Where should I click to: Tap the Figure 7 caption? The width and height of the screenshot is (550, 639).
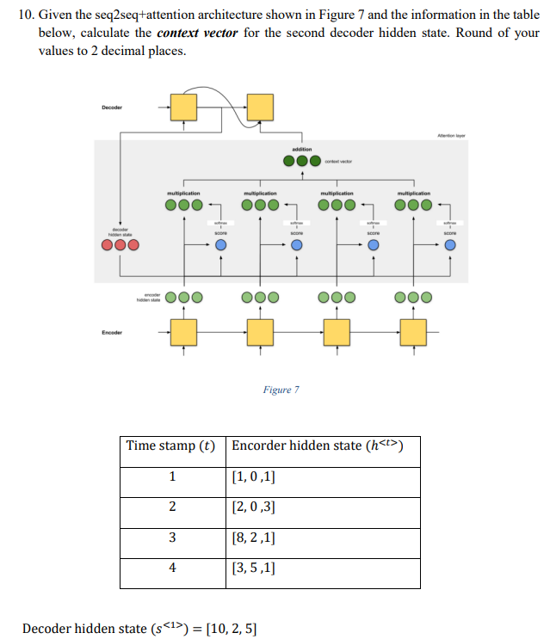281,390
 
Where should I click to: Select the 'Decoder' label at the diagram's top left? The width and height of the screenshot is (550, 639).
112,108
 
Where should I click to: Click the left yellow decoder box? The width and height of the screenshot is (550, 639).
182,108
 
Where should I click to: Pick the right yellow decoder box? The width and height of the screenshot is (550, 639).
260,108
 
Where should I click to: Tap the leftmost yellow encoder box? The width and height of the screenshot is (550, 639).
182,331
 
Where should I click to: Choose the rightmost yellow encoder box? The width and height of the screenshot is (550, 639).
413,331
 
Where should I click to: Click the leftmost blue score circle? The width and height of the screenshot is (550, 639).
221,246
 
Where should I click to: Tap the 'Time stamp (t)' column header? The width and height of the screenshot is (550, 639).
171,445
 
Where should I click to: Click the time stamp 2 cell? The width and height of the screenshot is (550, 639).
172,507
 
